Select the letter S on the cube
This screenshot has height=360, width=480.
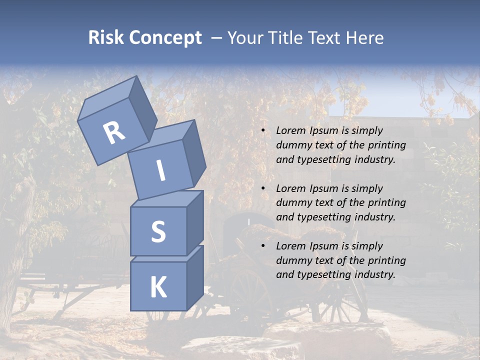pyautogui.click(x=158, y=231)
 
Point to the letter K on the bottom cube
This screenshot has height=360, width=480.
pyautogui.click(x=158, y=287)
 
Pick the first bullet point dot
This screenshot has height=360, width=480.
pyautogui.click(x=262, y=131)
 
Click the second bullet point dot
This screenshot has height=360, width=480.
pyautogui.click(x=262, y=189)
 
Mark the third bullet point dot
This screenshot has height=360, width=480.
pyautogui.click(x=262, y=246)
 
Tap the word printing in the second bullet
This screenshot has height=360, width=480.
pyautogui.click(x=387, y=203)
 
